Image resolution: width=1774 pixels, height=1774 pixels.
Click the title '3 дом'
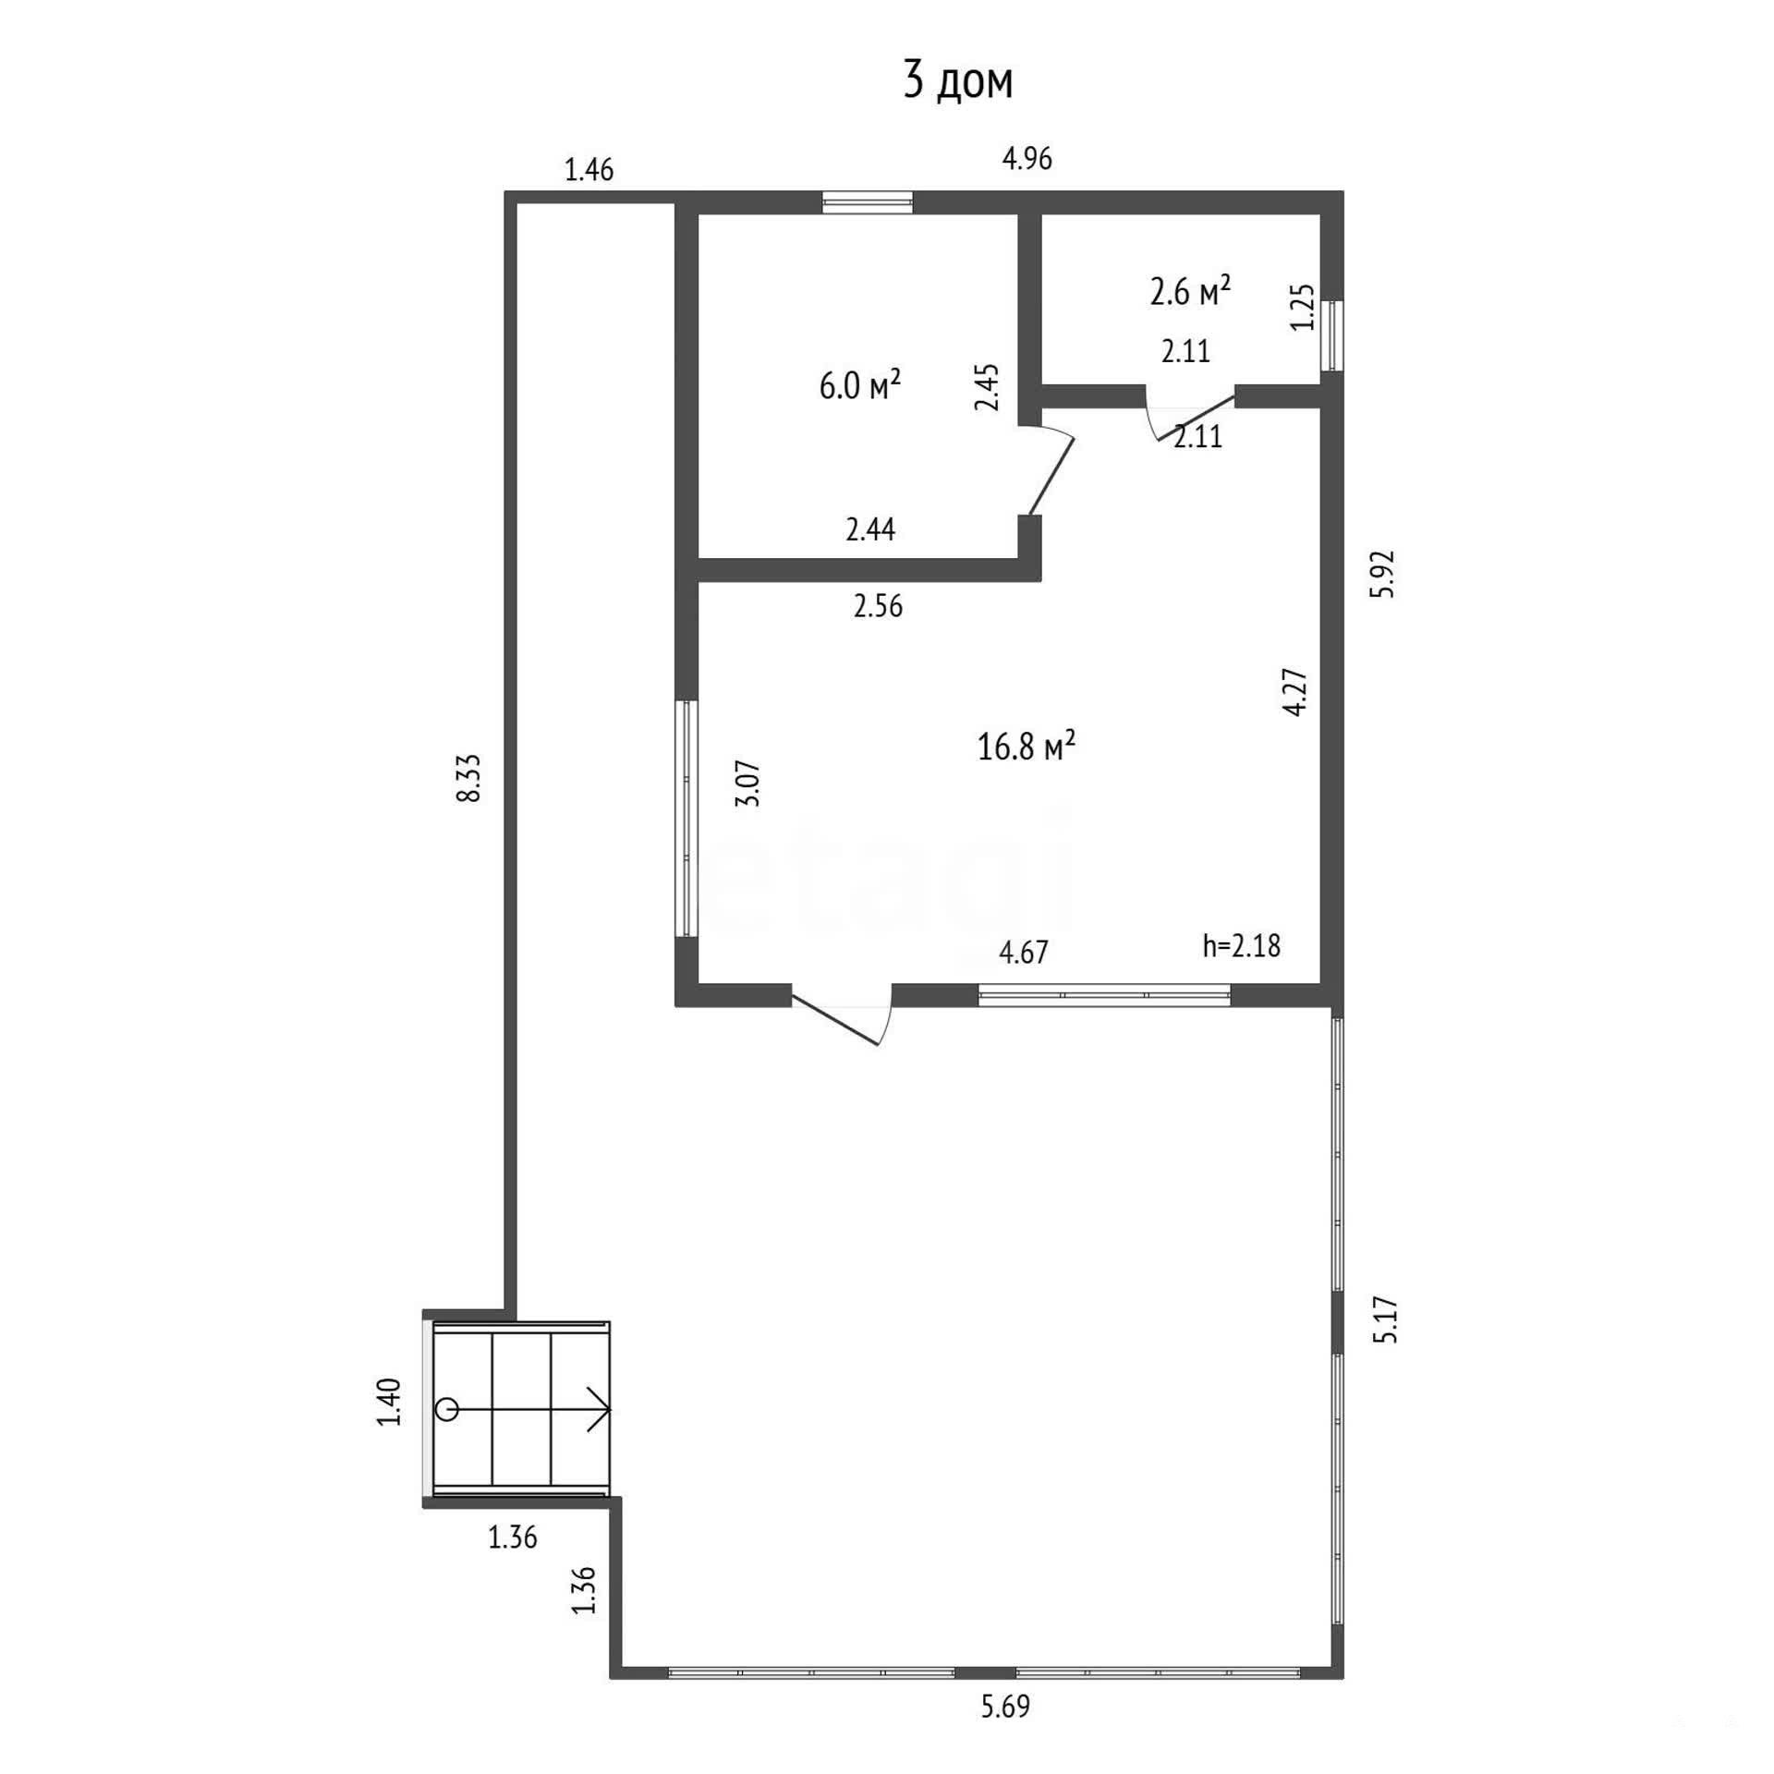[958, 81]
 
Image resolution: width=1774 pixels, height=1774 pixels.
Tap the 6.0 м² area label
[859, 385]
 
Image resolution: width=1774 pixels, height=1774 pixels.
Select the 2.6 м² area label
[1190, 291]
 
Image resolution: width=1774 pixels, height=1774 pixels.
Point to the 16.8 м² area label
[1026, 746]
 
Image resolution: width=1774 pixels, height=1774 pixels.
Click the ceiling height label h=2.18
[1242, 945]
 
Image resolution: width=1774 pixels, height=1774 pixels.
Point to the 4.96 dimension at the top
[1027, 159]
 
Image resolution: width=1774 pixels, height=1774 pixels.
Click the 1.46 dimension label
[589, 170]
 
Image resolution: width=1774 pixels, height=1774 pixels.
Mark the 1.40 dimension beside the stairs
[390, 1402]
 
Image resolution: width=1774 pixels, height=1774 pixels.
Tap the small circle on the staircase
[447, 1409]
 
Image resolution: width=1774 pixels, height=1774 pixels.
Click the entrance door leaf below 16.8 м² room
[835, 1019]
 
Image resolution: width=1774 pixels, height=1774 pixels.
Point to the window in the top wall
[868, 202]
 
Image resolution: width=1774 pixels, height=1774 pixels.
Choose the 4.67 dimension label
[1024, 952]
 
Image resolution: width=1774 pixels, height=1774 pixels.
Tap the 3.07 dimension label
[747, 784]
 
